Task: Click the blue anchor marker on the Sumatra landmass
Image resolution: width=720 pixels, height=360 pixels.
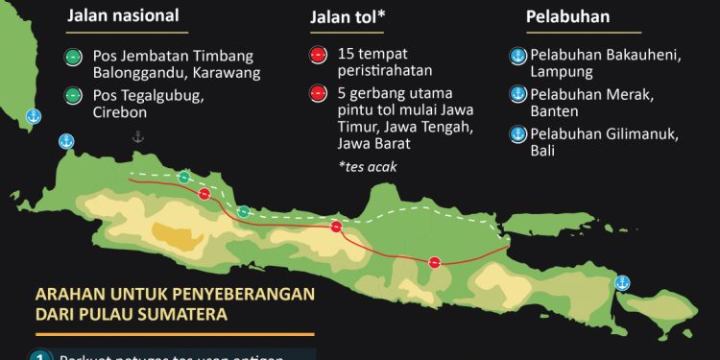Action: point(32,116)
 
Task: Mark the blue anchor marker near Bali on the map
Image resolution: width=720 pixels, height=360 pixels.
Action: point(621,282)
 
